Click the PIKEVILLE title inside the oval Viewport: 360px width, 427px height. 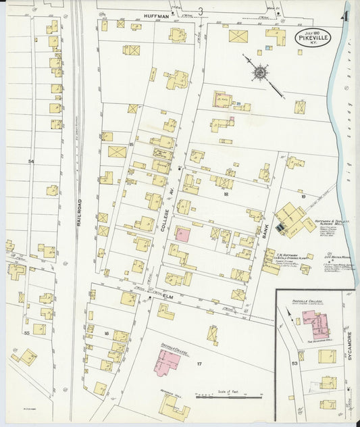click(313, 40)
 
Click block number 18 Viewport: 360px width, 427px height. click(226, 193)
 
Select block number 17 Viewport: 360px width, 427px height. click(199, 365)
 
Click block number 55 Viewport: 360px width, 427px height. click(27, 333)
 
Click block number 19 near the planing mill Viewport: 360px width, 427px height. click(303, 197)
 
